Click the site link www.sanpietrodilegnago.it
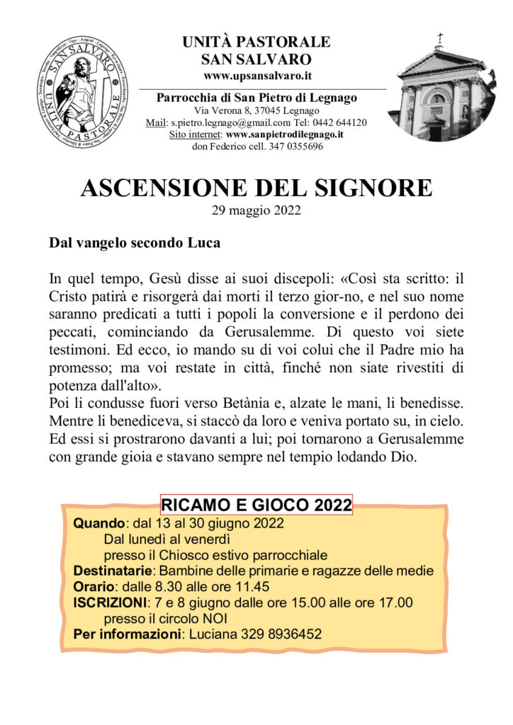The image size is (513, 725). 285,134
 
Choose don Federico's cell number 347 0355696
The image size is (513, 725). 294,147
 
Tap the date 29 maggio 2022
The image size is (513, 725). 256,210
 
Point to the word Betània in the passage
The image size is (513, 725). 270,404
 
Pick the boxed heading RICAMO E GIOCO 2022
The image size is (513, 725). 256,505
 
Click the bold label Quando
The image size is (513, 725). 99,524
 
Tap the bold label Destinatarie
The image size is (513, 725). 113,571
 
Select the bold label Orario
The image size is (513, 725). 95,586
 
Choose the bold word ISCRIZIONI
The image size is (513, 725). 110,603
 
